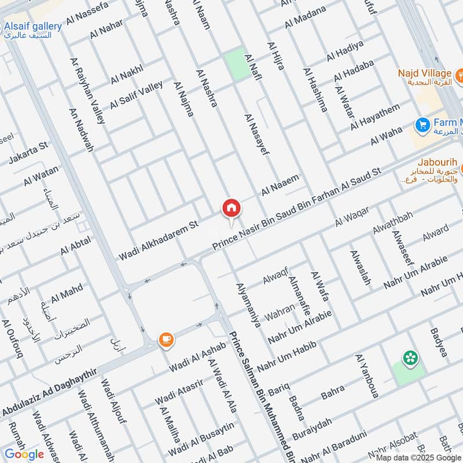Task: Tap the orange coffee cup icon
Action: click(x=166, y=340)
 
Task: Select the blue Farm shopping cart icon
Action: click(x=422, y=124)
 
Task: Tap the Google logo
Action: click(x=24, y=454)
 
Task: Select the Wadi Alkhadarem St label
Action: click(x=159, y=238)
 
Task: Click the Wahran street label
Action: click(x=280, y=313)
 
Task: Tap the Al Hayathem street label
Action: click(x=375, y=116)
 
